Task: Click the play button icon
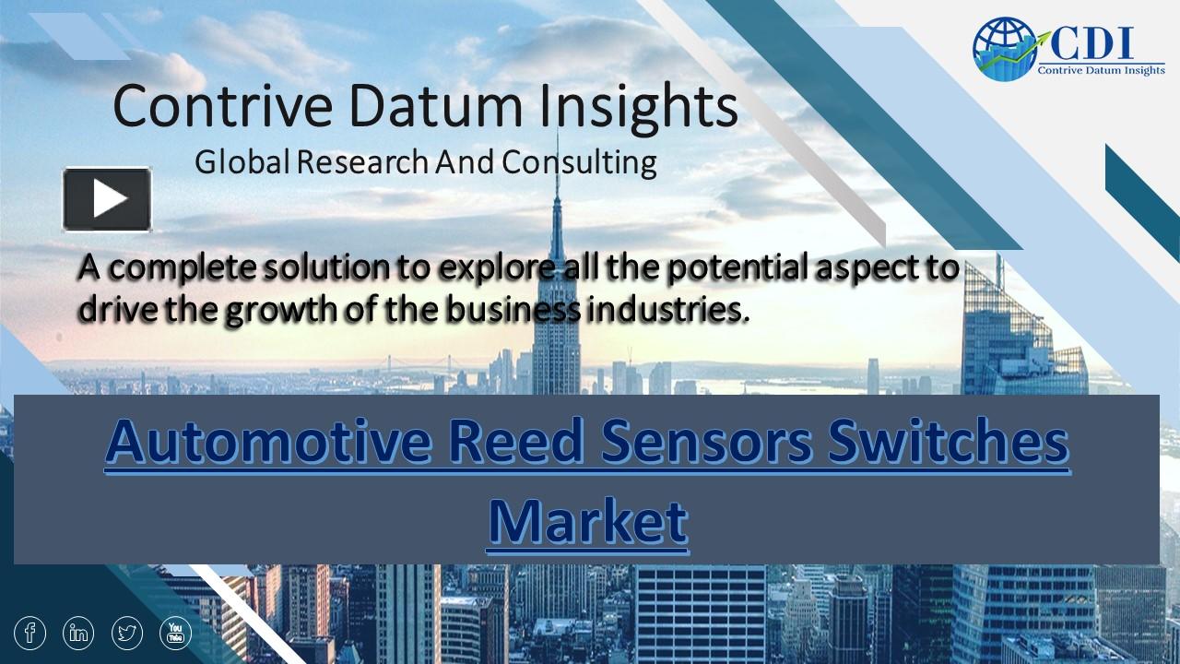tap(107, 198)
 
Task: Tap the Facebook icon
tap(30, 633)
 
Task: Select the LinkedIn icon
tap(79, 633)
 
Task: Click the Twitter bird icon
tap(127, 633)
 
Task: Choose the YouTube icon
tap(176, 633)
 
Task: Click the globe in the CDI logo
tap(1004, 50)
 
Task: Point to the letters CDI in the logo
tap(1089, 43)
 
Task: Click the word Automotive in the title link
tap(267, 443)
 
